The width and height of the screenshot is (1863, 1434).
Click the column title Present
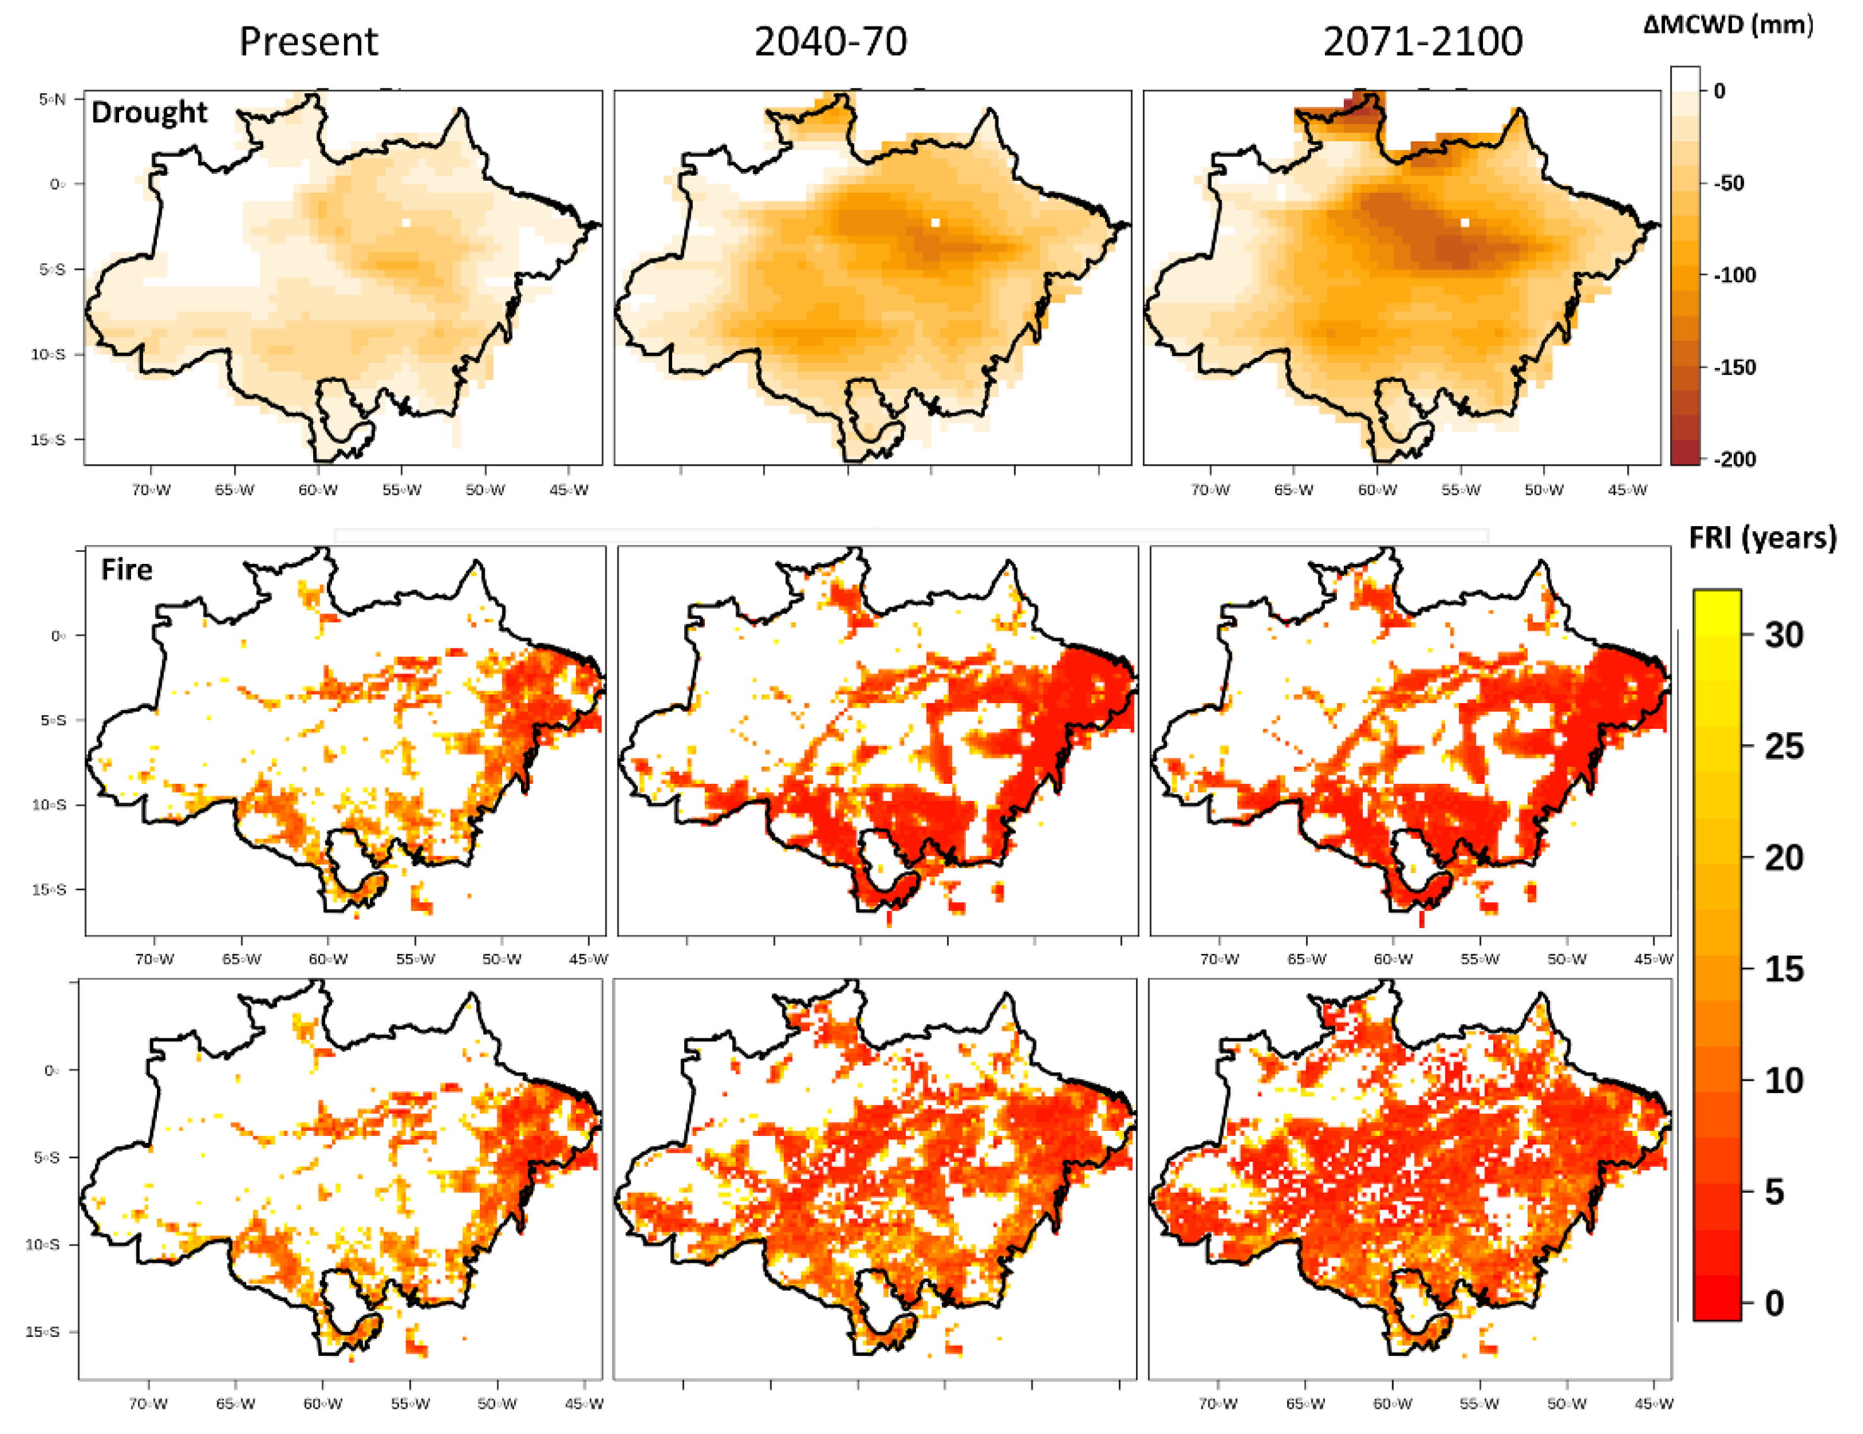308,41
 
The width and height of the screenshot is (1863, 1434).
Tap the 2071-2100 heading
1422,41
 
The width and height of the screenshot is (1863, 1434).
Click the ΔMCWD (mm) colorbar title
1728,25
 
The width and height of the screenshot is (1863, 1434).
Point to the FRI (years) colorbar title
1762,537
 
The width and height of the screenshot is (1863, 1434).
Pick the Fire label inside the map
126,569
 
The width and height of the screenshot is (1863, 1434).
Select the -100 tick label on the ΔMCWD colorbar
1734,275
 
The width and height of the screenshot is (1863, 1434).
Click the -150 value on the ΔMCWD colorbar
1734,368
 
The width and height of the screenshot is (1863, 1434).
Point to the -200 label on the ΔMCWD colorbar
1734,459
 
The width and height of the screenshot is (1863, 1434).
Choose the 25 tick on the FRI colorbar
1784,747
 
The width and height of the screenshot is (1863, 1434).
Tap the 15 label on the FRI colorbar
1784,969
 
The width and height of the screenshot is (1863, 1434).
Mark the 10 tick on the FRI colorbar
1784,1081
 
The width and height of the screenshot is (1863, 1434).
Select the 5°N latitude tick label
52,100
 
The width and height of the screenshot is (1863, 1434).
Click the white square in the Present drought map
406,222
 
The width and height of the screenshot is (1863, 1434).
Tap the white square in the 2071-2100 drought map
1465,222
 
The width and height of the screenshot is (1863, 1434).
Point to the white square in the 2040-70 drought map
935,222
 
